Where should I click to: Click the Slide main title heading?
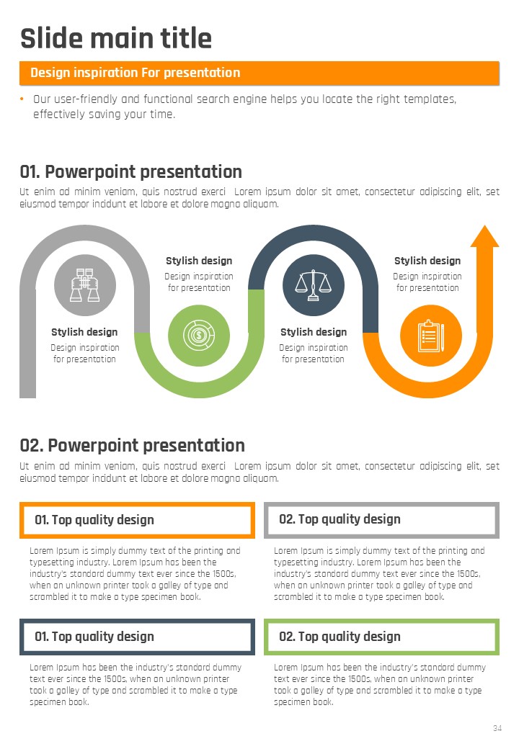(115, 38)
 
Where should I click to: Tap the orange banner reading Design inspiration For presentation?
(259, 73)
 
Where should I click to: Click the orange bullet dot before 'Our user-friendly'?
(22, 99)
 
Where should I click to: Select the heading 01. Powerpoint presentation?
(131, 171)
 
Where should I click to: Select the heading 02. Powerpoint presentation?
(133, 445)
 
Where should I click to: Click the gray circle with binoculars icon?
(85, 285)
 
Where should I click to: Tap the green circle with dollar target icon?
(199, 336)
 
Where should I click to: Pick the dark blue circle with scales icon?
(314, 285)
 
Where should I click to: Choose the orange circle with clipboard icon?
(431, 336)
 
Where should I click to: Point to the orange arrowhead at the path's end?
(484, 236)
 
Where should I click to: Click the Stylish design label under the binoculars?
(84, 332)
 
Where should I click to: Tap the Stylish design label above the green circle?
(199, 261)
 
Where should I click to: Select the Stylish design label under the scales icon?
(314, 332)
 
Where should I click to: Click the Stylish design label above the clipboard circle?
(427, 261)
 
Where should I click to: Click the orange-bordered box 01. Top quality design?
(137, 520)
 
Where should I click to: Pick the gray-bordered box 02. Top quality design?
(382, 520)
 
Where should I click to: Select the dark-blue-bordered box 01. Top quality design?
(137, 637)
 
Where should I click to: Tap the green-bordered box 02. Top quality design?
(382, 637)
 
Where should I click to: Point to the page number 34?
(497, 728)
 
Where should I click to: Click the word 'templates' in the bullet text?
(430, 99)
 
